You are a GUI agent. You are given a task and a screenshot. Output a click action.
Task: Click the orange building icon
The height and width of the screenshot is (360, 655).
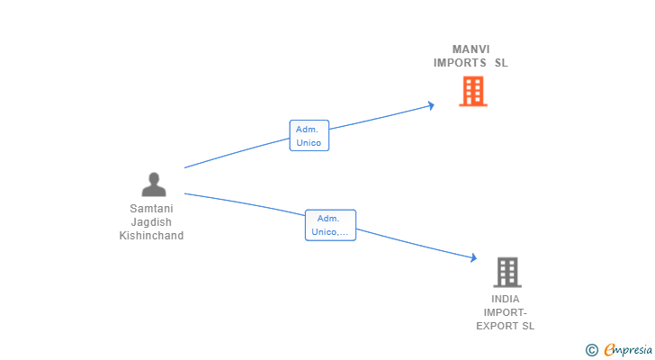pos(473,91)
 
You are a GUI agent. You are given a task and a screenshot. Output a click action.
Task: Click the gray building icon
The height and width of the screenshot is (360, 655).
pos(507,273)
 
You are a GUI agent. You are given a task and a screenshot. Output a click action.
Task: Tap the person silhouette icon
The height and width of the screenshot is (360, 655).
pos(154,184)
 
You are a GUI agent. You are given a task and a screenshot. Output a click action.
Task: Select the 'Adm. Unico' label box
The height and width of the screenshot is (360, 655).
pos(310,136)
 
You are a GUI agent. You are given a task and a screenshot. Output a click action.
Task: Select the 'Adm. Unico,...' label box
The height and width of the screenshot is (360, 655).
pos(330,225)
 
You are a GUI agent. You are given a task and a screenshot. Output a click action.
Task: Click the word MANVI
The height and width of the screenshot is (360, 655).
pos(471,49)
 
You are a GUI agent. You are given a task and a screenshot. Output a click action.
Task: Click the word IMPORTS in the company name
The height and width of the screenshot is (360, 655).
pos(460,63)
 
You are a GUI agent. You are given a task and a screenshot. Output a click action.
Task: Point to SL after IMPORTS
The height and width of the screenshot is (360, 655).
pos(501,63)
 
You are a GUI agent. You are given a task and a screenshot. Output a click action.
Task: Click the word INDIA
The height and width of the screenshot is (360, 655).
pos(506,299)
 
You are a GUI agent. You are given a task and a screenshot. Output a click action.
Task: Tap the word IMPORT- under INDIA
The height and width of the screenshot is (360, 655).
pos(506,312)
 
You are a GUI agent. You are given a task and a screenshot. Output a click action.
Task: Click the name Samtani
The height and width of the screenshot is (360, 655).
pos(151,209)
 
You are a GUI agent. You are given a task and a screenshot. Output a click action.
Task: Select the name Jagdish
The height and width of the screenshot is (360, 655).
pos(151,221)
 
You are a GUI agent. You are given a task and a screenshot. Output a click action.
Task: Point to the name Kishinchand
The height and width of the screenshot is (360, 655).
pos(151,236)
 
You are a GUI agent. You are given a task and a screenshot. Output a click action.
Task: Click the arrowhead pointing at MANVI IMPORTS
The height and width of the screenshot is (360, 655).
pos(432,105)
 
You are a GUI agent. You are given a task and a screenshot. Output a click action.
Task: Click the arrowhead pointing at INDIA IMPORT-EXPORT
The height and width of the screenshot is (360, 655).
pos(473,257)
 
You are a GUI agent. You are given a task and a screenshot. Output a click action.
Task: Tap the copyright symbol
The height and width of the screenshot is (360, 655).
pos(591,350)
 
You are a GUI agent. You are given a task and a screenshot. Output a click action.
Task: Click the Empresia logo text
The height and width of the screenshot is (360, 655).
pos(628,350)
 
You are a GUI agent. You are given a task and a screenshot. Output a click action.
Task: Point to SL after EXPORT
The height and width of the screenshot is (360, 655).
pos(527,326)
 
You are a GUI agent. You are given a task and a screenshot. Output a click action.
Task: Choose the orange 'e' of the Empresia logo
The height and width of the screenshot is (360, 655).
pos(609,350)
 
